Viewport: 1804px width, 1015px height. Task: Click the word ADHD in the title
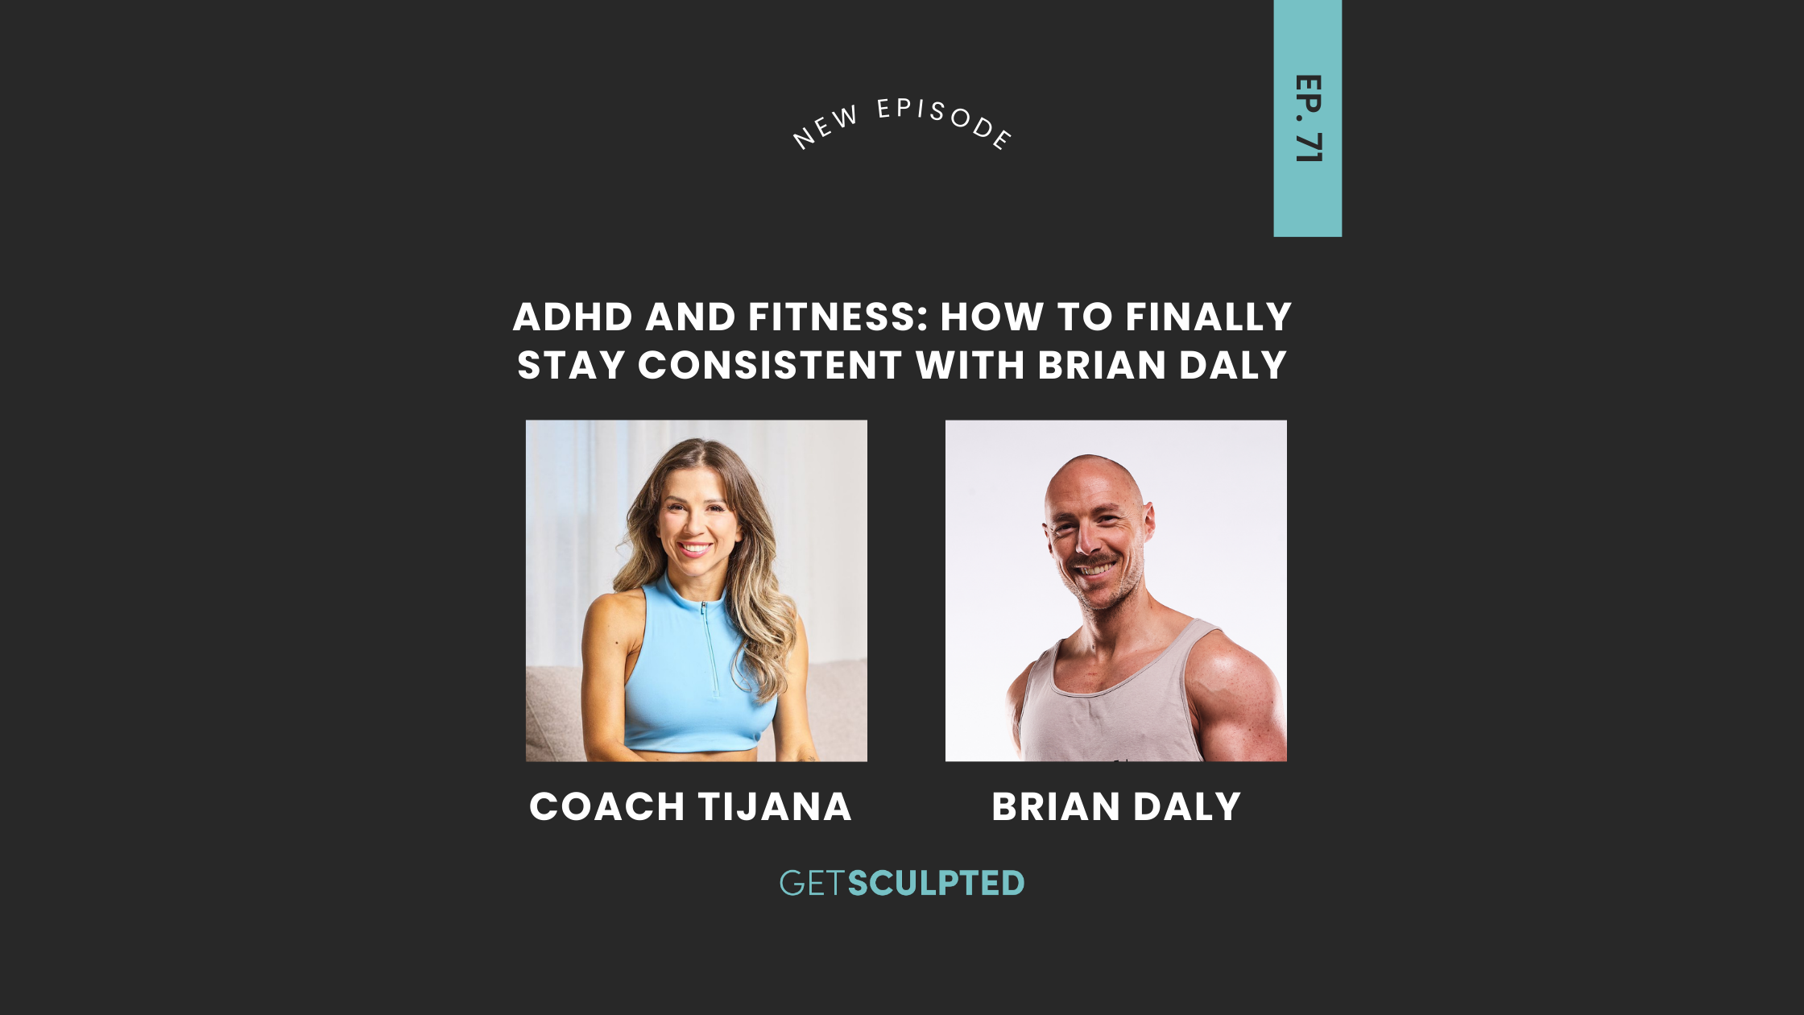tap(573, 317)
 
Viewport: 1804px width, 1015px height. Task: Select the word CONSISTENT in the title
tap(769, 366)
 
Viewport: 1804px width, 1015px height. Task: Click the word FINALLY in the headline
tap(1209, 317)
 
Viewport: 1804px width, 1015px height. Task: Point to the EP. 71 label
tap(1307, 118)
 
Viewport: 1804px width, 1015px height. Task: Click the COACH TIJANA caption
tap(690, 807)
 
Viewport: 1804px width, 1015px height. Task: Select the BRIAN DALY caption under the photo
tap(1116, 807)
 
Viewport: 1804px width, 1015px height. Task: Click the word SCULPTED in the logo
tap(936, 884)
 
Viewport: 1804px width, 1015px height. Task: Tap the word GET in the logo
tap(812, 884)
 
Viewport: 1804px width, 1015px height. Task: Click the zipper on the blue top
tap(708, 644)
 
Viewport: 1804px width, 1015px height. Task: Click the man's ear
tap(1149, 520)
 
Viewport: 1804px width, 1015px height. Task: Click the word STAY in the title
tap(571, 366)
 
